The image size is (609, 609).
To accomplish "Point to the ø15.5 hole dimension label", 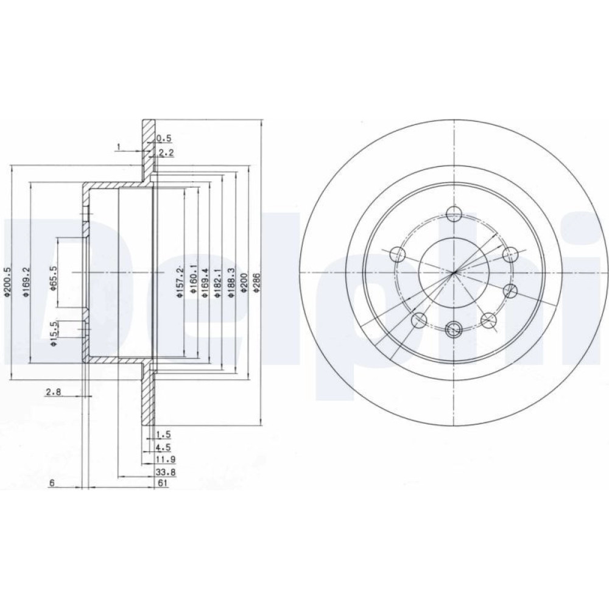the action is point(54,333).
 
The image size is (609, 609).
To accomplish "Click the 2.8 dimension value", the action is point(53,392).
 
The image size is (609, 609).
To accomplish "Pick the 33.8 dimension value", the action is point(166,472).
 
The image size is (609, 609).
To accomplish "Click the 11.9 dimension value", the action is point(166,459).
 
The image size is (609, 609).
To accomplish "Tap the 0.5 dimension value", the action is point(163,138).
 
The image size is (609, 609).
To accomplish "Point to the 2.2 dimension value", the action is point(166,153).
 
